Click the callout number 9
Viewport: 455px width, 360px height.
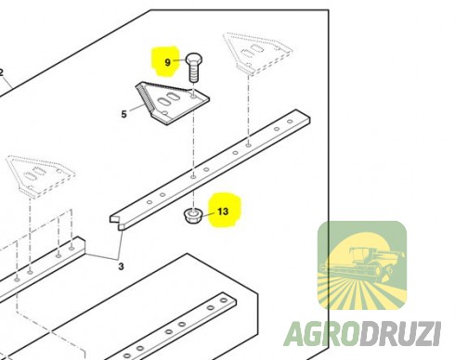click(x=167, y=62)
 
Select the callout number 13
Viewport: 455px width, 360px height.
click(x=223, y=212)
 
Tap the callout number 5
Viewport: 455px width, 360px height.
click(x=123, y=114)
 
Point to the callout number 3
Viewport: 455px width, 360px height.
click(x=121, y=266)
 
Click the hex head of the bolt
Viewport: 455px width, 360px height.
click(x=194, y=59)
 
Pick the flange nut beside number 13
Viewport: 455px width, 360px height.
click(x=193, y=215)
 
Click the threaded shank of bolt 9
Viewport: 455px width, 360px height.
click(x=193, y=73)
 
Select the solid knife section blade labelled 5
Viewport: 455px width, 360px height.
click(x=172, y=102)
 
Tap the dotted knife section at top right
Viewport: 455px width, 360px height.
click(x=257, y=53)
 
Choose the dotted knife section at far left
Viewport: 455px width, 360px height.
click(x=40, y=174)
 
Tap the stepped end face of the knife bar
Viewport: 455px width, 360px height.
click(x=117, y=223)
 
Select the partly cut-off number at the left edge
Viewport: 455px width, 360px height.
click(x=1, y=73)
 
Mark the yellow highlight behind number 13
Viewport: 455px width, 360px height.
click(x=225, y=210)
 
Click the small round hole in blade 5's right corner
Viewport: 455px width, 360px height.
click(x=194, y=97)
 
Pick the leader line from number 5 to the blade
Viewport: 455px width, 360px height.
click(x=137, y=108)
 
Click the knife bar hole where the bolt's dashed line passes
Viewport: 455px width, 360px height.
click(x=193, y=176)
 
